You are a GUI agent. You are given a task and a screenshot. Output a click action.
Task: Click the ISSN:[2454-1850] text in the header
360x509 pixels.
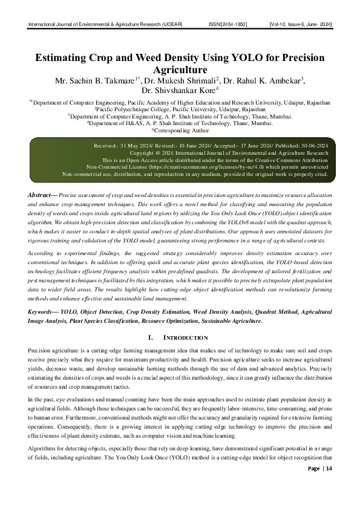(228, 25)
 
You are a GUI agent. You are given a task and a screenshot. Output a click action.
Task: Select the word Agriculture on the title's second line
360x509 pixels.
(180, 70)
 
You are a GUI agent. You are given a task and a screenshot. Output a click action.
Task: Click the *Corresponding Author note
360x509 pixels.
(180, 130)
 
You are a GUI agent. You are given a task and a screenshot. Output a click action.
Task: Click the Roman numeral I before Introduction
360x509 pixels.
(150, 337)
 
